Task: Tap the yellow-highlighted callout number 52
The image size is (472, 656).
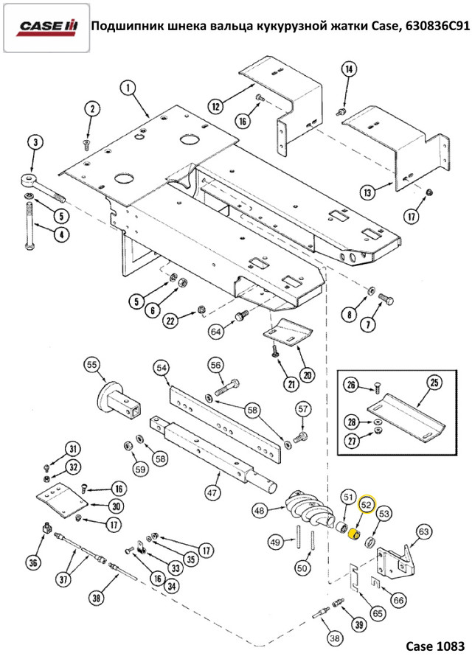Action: [x=367, y=505]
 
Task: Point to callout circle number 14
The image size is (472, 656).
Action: [x=349, y=69]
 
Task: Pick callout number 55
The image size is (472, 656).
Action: [x=92, y=365]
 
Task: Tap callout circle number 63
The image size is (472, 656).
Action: [x=423, y=531]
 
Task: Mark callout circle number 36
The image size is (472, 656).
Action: [x=32, y=563]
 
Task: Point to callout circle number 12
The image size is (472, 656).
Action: [x=215, y=107]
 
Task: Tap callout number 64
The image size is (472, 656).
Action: [x=215, y=332]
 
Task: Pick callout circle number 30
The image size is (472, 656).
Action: [x=117, y=506]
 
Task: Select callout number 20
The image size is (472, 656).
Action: [x=307, y=374]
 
